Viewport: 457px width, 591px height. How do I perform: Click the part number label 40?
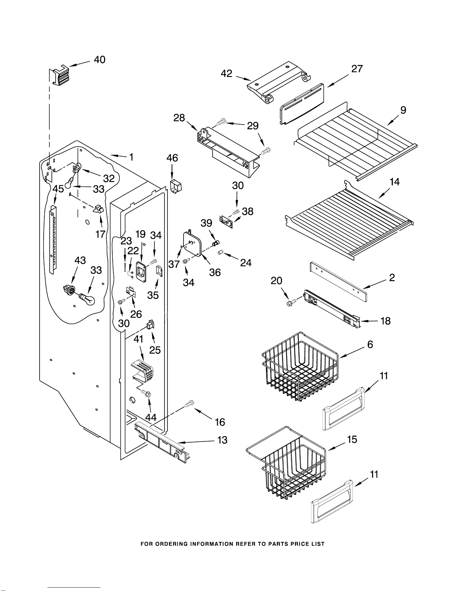pyautogui.click(x=100, y=60)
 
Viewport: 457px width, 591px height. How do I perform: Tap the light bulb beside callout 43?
pyautogui.click(x=87, y=299)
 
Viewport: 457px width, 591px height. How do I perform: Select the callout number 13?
pyautogui.click(x=222, y=440)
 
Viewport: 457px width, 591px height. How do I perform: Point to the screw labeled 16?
pyautogui.click(x=190, y=403)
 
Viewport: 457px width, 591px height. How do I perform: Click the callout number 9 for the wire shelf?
pyautogui.click(x=403, y=110)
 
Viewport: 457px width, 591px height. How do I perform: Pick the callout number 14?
pyautogui.click(x=394, y=182)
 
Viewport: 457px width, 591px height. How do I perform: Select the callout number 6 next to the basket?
pyautogui.click(x=370, y=344)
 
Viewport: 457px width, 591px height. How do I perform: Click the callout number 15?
pyautogui.click(x=352, y=439)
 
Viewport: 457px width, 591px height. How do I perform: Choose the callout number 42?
pyautogui.click(x=226, y=73)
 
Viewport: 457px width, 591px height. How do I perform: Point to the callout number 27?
pyautogui.click(x=357, y=69)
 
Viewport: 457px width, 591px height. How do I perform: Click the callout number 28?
pyautogui.click(x=179, y=118)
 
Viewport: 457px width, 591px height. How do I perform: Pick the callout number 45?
pyautogui.click(x=58, y=189)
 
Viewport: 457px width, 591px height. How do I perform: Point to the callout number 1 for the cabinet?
pyautogui.click(x=131, y=157)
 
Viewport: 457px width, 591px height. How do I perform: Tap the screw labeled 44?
pyautogui.click(x=147, y=393)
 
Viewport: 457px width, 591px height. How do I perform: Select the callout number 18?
pyautogui.click(x=385, y=321)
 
